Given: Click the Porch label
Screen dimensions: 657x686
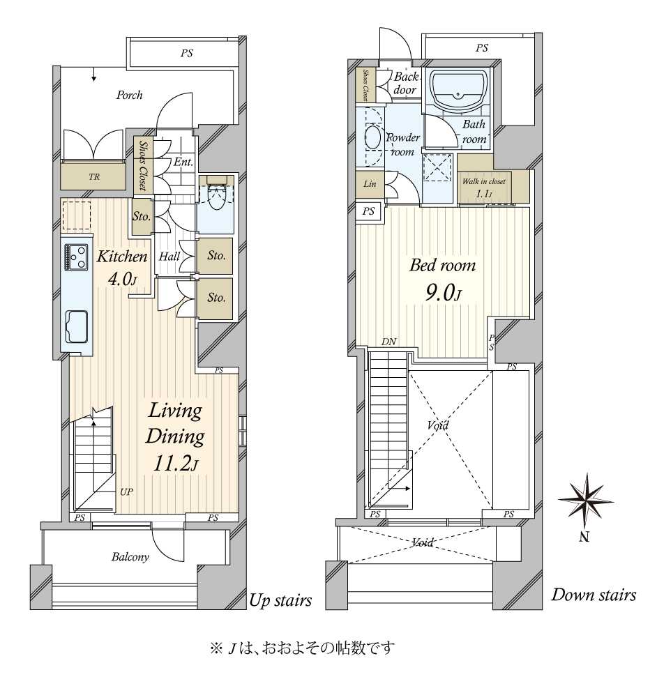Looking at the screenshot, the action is (x=129, y=95).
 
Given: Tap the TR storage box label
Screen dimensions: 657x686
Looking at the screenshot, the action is (x=94, y=177).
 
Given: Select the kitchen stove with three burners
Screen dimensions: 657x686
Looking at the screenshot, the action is (x=76, y=257).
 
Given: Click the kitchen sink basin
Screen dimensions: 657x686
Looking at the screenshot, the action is (x=77, y=327).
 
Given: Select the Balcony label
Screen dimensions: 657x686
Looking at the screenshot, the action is (x=130, y=557).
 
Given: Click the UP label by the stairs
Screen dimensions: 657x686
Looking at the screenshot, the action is (x=126, y=492).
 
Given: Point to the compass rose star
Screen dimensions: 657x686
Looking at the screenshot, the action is (x=585, y=501).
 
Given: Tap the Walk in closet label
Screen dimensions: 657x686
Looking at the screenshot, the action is (x=483, y=181).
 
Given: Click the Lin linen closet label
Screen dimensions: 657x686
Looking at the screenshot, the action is (x=370, y=184).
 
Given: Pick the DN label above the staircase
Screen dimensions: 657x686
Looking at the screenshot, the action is (x=389, y=342).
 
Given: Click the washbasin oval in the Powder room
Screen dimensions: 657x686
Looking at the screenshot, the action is (x=372, y=137).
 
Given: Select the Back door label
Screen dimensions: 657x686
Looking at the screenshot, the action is (x=406, y=83).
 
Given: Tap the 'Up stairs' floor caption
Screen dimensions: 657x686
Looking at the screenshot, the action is (x=280, y=601).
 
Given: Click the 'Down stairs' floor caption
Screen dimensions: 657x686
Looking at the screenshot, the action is (x=594, y=595).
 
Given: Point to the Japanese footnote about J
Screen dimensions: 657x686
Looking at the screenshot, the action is (x=303, y=648).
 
